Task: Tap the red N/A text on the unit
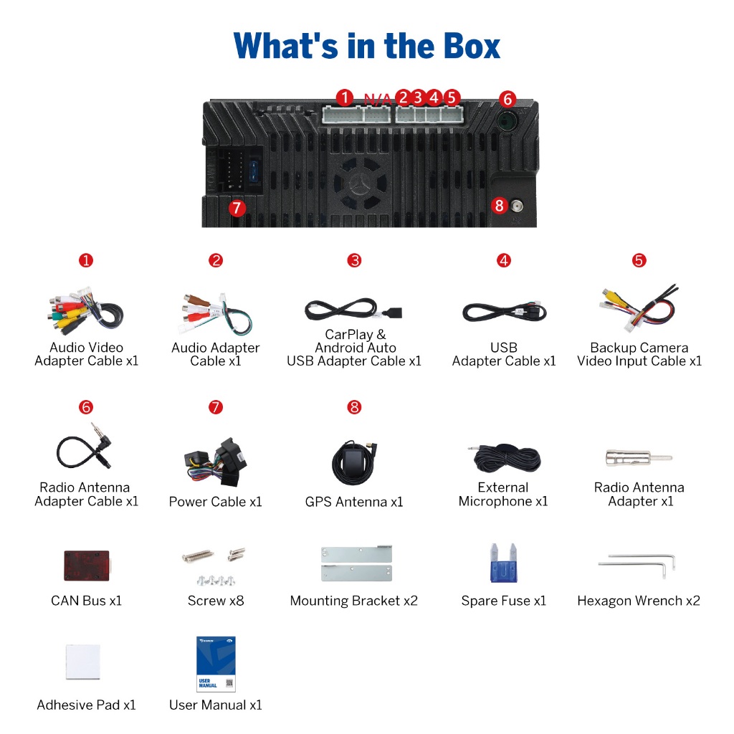[x=377, y=98]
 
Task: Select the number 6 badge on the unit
[x=507, y=98]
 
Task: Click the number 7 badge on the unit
[x=237, y=208]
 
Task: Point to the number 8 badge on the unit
[x=500, y=206]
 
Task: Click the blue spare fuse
[x=502, y=563]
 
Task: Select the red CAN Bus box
[x=86, y=564]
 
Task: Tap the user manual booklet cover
[x=216, y=664]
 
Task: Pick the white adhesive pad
[x=82, y=661]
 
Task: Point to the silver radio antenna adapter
[x=639, y=457]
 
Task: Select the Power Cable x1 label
[x=216, y=502]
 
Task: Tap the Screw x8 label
[x=216, y=601]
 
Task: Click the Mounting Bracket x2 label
[x=353, y=601]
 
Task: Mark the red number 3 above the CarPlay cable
[x=354, y=260]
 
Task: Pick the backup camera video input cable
[x=638, y=308]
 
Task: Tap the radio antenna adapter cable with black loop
[x=84, y=447]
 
